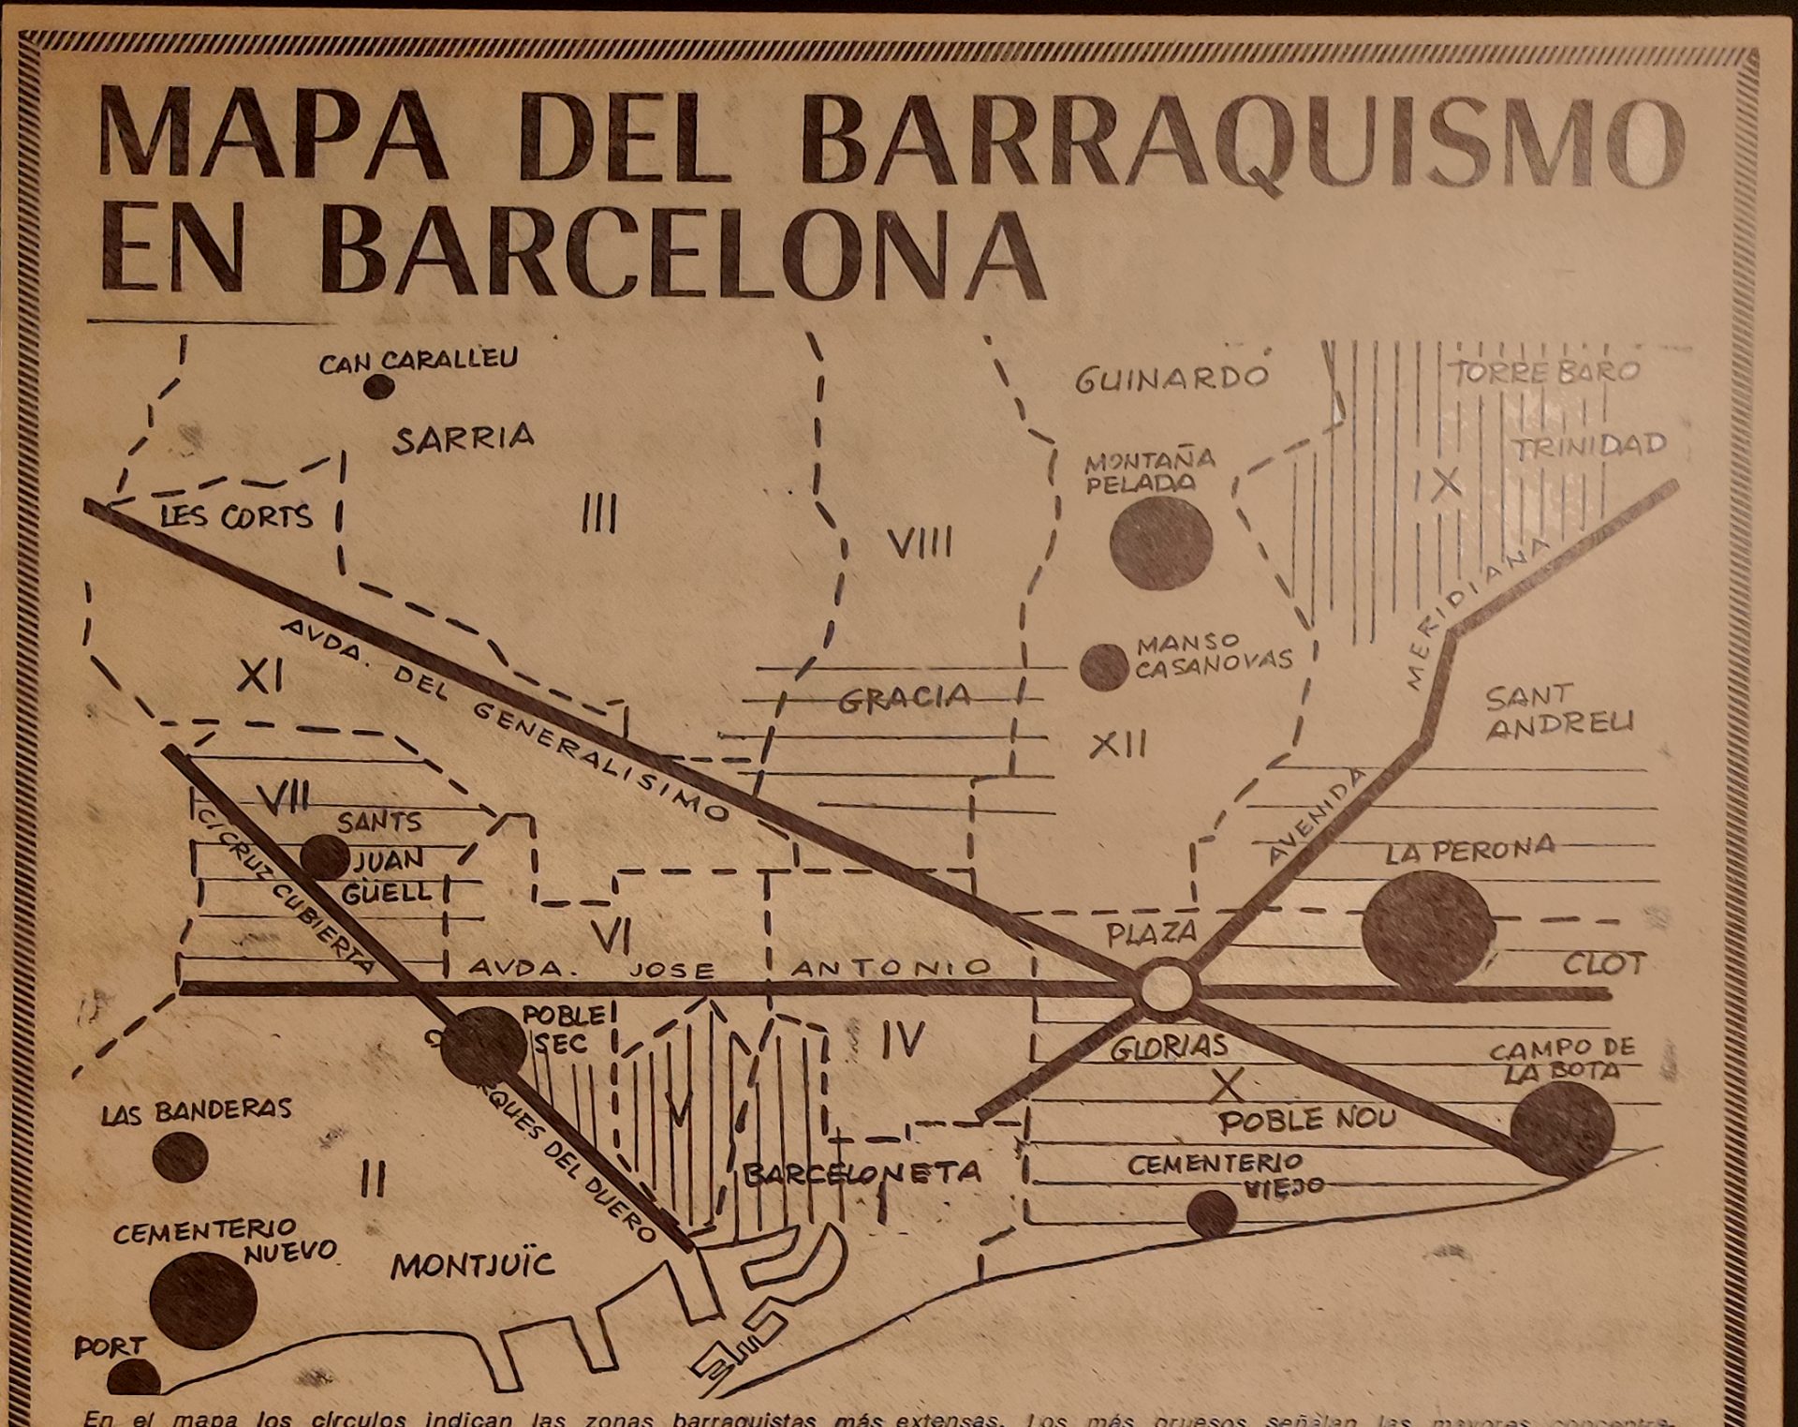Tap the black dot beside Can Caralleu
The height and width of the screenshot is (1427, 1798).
point(378,386)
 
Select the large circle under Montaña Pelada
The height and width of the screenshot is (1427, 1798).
point(1161,543)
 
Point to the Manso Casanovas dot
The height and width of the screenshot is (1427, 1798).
point(1103,667)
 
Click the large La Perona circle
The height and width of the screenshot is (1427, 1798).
point(1427,929)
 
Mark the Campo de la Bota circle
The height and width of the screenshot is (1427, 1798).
point(1561,1128)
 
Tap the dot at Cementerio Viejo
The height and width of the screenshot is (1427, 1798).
point(1211,1213)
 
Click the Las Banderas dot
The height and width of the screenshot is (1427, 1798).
point(180,1156)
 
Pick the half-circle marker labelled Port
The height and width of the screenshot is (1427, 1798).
point(133,1377)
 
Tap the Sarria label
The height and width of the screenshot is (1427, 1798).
point(464,438)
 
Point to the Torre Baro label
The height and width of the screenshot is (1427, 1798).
point(1545,372)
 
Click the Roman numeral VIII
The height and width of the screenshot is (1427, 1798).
point(920,543)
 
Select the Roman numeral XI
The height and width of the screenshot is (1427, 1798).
point(259,675)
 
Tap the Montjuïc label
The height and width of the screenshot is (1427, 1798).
point(473,1267)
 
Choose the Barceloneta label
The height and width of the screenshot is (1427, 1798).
point(862,1172)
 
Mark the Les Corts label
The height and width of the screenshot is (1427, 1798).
point(236,516)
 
